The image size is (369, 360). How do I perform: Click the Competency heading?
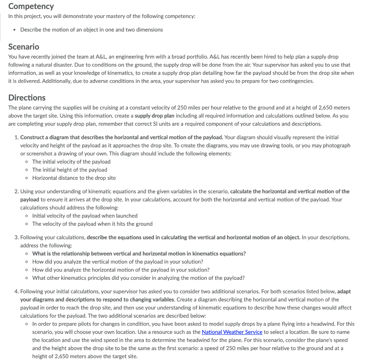(x=31, y=6)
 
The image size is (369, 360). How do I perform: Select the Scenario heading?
(x=24, y=47)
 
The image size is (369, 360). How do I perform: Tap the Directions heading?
(x=27, y=98)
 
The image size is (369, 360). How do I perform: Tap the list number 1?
(x=17, y=137)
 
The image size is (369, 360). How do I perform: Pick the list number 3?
(x=17, y=237)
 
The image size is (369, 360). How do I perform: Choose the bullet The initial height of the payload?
(x=70, y=170)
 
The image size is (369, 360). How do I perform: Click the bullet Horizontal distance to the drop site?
(x=74, y=178)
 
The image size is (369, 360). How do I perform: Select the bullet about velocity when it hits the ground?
(x=92, y=224)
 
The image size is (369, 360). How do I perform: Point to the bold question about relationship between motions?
(x=139, y=253)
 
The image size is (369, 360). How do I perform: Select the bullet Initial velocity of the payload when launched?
(x=85, y=215)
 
